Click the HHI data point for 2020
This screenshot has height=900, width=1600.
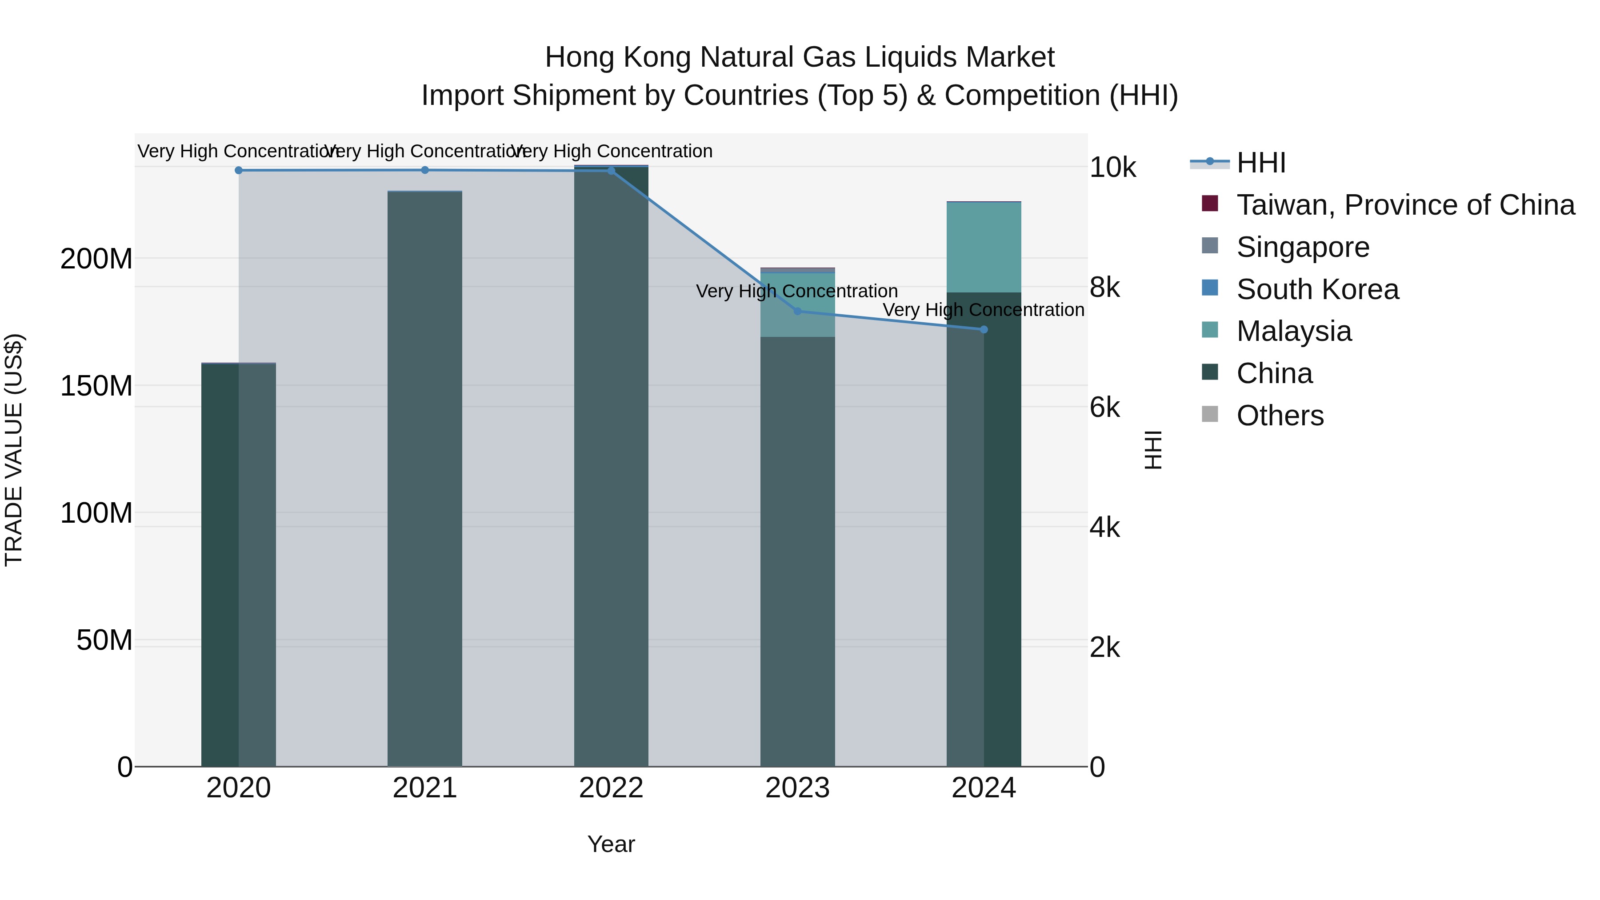point(239,170)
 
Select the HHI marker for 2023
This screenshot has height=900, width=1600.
point(797,311)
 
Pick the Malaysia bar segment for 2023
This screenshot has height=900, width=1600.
point(797,304)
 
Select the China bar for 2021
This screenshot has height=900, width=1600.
point(425,478)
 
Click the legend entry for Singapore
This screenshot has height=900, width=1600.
point(1303,247)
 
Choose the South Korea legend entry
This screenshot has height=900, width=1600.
point(1317,289)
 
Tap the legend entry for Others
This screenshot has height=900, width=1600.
point(1280,416)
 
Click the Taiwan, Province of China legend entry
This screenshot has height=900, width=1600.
point(1405,205)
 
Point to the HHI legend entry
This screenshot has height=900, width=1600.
point(1261,163)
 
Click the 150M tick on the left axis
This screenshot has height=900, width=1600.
point(96,386)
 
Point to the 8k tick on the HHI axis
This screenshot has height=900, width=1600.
point(1104,288)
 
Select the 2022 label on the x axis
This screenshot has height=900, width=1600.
point(611,788)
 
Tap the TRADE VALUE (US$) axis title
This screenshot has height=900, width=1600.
point(14,450)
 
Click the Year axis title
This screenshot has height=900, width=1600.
point(611,844)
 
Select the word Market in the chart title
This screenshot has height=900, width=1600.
point(1010,57)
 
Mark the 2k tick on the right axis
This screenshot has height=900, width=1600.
point(1104,648)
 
